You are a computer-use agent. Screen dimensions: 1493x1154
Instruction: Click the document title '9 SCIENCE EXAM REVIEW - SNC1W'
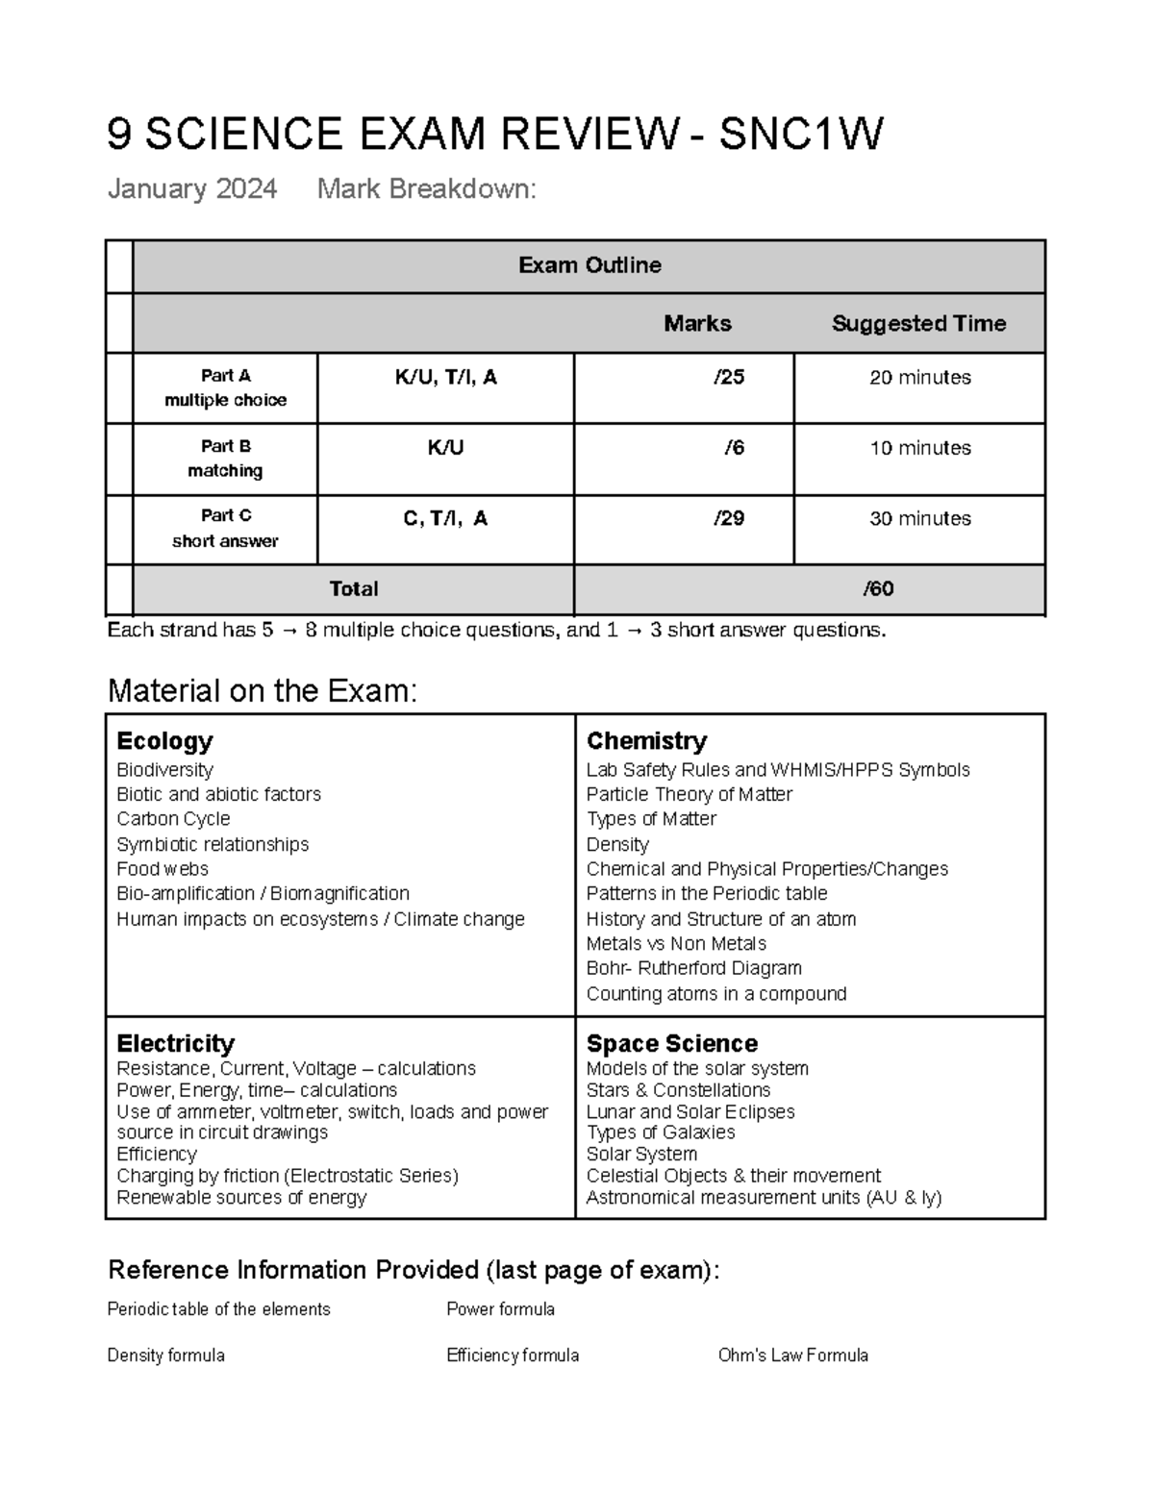pyautogui.click(x=494, y=135)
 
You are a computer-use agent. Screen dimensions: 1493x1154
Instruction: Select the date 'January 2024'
pyautogui.click(x=192, y=188)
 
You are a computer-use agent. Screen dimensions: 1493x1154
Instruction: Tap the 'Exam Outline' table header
pyautogui.click(x=589, y=265)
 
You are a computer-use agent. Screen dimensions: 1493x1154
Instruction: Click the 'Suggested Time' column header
pyautogui.click(x=918, y=324)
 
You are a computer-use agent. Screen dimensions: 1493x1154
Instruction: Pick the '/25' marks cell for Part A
pyautogui.click(x=728, y=378)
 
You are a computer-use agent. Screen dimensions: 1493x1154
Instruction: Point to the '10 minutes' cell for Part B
pyautogui.click(x=919, y=448)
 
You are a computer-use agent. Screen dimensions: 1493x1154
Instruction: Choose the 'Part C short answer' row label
pyautogui.click(x=225, y=529)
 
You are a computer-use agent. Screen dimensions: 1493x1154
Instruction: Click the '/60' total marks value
pyautogui.click(x=878, y=589)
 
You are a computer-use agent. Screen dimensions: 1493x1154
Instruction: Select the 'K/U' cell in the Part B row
pyautogui.click(x=445, y=448)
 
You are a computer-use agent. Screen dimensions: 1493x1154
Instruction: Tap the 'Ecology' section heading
pyautogui.click(x=164, y=741)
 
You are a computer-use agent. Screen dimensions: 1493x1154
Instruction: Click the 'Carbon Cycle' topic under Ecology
pyautogui.click(x=173, y=819)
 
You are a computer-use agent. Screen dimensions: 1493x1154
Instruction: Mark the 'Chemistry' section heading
pyautogui.click(x=646, y=741)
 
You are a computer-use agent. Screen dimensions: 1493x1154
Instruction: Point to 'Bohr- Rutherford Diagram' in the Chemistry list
pyautogui.click(x=693, y=968)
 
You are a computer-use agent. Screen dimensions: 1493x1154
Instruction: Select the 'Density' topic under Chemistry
pyautogui.click(x=617, y=844)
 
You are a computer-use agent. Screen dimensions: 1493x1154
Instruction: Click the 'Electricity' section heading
pyautogui.click(x=175, y=1044)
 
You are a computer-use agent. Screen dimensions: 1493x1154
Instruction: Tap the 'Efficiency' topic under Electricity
pyautogui.click(x=156, y=1154)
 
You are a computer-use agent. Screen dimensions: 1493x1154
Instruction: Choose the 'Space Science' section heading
pyautogui.click(x=671, y=1044)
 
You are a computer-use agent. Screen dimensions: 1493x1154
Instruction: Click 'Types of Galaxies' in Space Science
pyautogui.click(x=661, y=1132)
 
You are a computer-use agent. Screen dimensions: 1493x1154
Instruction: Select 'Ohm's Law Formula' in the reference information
pyautogui.click(x=792, y=1356)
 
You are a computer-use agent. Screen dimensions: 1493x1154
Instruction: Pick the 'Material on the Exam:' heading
pyautogui.click(x=263, y=690)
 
